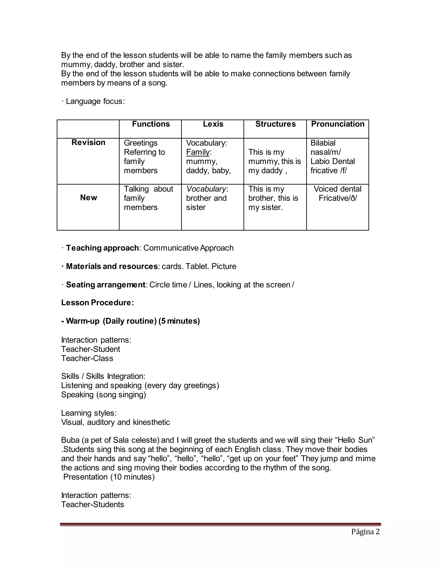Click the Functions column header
(151, 124)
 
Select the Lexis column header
(213, 124)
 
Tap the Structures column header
(275, 124)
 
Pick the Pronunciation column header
(338, 124)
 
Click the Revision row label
(88, 142)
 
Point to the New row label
(89, 198)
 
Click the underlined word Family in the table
(198, 152)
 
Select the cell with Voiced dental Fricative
(338, 193)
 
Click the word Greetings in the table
(141, 143)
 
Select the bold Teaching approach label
(102, 248)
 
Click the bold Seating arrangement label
(105, 284)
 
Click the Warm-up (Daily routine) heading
(130, 321)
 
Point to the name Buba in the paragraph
(70, 440)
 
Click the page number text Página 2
(365, 532)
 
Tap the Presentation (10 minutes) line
(109, 477)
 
